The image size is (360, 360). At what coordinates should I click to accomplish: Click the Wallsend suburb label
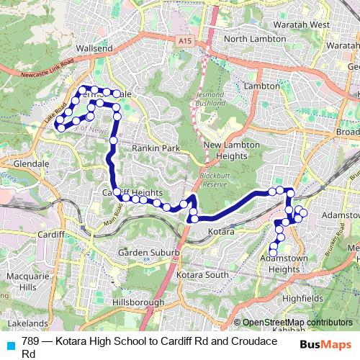94,48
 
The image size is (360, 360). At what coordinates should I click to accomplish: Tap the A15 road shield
186,42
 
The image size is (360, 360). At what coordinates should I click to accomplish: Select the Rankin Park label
150,148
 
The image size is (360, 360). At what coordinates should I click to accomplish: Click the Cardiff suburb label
51,235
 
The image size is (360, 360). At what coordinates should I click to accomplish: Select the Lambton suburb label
261,86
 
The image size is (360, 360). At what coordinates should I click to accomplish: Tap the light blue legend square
10,346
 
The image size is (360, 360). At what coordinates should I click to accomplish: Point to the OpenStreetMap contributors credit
297,323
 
